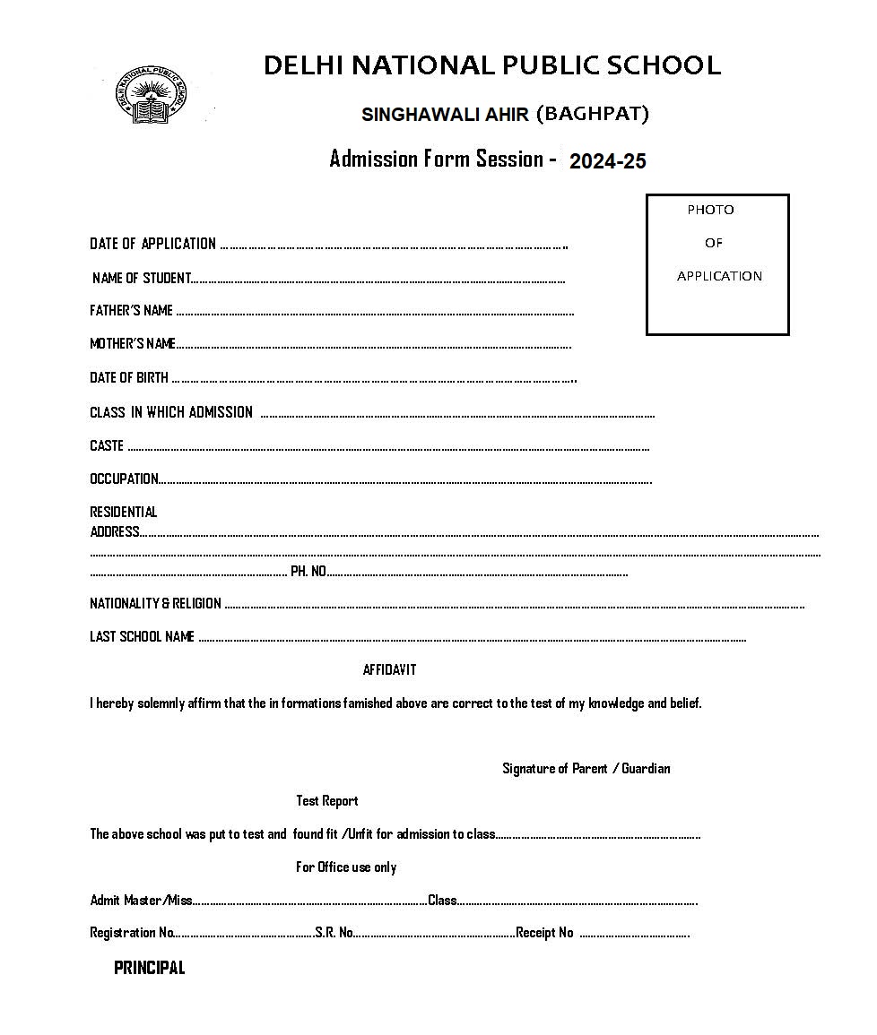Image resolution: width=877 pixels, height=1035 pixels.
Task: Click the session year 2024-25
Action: tap(607, 161)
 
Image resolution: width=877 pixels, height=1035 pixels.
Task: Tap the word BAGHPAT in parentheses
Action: tap(593, 114)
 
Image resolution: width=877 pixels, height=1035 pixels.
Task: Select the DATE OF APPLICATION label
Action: tap(152, 244)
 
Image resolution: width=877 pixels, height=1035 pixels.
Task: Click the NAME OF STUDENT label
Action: tap(142, 278)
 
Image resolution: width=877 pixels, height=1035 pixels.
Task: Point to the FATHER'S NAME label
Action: tap(131, 311)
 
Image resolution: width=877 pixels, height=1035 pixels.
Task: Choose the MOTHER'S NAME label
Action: tap(133, 344)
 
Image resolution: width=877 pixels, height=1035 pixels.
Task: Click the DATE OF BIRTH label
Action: tap(129, 378)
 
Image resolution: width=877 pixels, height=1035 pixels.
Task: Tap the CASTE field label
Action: tap(107, 445)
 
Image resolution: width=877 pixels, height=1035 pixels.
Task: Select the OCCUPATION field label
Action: tap(124, 479)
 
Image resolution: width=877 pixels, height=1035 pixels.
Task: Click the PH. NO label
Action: tap(308, 571)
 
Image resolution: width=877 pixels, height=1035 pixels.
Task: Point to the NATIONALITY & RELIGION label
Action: tap(155, 604)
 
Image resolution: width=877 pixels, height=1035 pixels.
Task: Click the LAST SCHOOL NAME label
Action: tap(142, 637)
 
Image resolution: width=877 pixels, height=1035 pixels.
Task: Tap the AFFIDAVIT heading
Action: tap(389, 670)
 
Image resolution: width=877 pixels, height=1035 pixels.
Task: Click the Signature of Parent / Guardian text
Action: tap(586, 769)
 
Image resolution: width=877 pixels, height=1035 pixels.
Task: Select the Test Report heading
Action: tap(327, 801)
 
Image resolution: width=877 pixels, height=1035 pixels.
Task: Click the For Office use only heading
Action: tap(346, 867)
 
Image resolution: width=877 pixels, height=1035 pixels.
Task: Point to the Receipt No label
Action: tap(544, 933)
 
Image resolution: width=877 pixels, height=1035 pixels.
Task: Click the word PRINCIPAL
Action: tap(150, 968)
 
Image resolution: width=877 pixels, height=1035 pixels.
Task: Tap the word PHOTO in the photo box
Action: tap(710, 210)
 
